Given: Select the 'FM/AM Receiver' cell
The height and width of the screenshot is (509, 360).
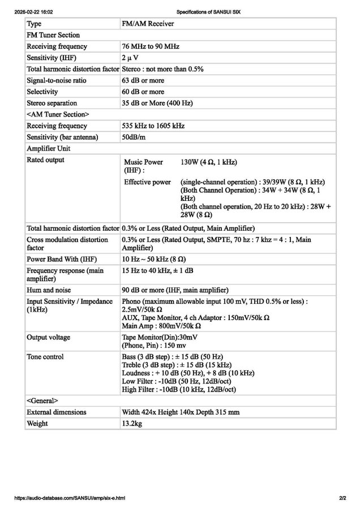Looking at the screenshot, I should [148, 24].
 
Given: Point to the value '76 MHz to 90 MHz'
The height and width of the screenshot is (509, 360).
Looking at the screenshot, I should [150, 46].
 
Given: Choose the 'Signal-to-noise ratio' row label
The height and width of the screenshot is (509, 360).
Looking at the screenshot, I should [56, 80].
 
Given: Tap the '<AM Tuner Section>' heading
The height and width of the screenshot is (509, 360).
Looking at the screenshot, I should [57, 115].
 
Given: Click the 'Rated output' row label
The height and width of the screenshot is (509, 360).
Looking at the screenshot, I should [45, 160].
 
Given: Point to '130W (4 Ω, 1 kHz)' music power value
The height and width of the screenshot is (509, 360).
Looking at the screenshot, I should [208, 162].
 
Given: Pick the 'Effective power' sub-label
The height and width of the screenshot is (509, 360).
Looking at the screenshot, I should [147, 182].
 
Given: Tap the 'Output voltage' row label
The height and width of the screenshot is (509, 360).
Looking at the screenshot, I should [48, 337].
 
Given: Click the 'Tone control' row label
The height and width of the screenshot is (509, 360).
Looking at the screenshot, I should [45, 357].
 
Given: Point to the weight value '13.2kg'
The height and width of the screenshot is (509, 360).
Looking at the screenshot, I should [132, 424].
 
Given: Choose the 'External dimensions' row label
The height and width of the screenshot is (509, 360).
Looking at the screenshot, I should [57, 412].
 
